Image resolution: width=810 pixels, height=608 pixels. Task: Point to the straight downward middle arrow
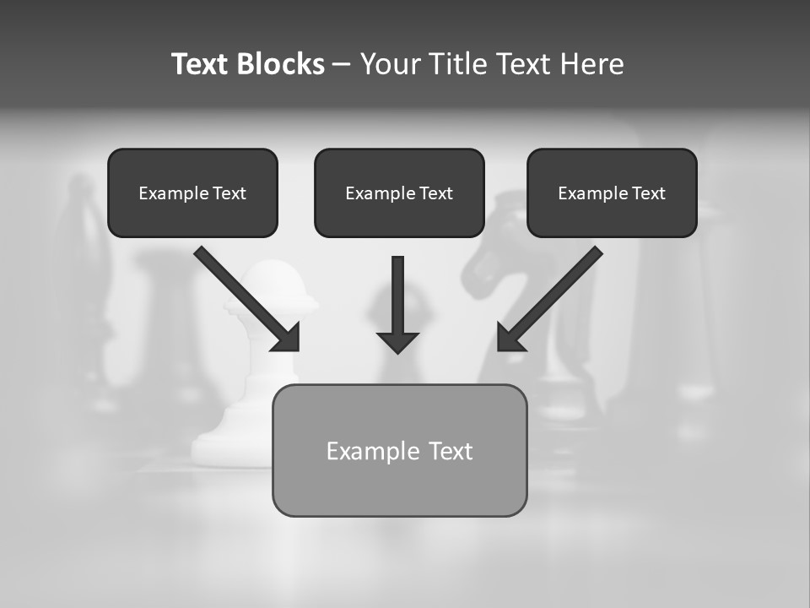tap(397, 296)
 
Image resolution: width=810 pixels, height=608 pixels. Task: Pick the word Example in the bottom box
tap(373, 451)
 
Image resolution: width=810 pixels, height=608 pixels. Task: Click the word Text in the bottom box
tap(450, 451)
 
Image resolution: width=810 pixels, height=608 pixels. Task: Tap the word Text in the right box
tap(648, 193)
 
